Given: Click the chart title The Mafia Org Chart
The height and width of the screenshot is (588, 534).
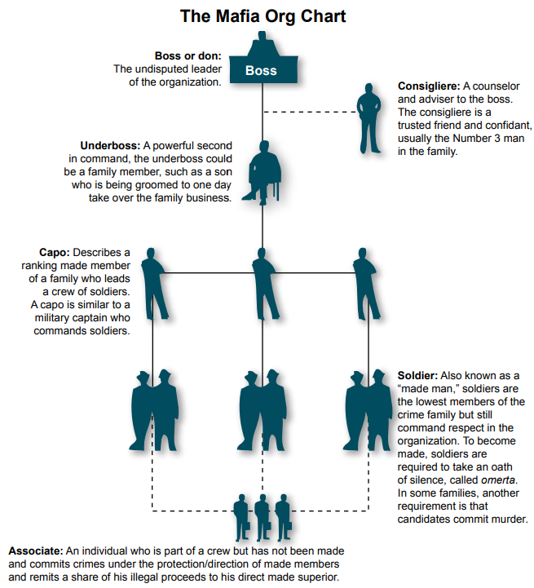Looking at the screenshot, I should point(262,15).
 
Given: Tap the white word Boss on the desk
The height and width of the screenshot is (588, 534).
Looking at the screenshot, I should point(261,71).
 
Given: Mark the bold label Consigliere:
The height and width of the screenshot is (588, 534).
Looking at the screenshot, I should point(428,86).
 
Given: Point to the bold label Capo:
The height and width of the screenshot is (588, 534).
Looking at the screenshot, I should point(55,252).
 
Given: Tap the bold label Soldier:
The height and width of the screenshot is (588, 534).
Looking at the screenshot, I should point(417,376).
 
